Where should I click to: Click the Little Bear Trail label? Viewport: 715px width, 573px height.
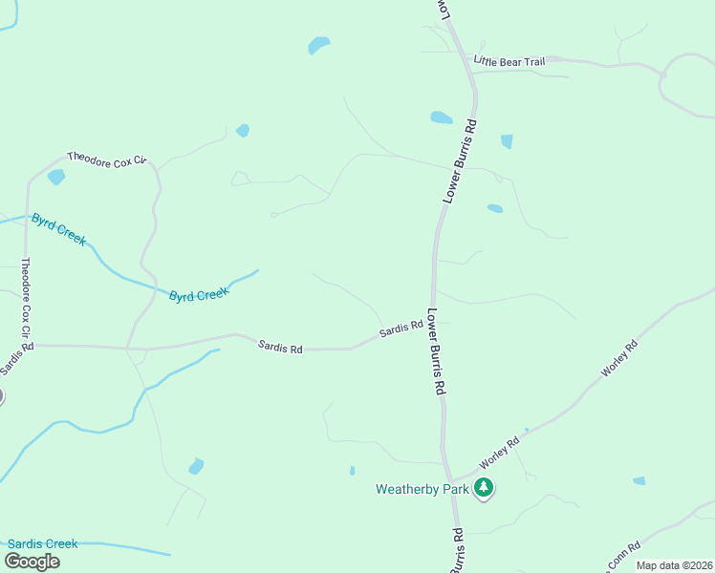pos(509,62)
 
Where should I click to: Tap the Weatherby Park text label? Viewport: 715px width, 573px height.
pos(422,489)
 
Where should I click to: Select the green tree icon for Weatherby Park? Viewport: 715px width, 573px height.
pos(485,489)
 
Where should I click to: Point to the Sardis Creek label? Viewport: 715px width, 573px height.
pos(42,543)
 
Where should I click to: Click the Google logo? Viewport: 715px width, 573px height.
pos(32,562)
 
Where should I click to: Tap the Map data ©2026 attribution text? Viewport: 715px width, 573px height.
pos(673,565)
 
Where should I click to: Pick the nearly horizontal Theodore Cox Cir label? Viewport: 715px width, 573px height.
pos(106,158)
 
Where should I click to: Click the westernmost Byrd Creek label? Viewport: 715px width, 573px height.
pos(58,228)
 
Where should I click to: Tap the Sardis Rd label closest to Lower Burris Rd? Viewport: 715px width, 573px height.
pos(401,330)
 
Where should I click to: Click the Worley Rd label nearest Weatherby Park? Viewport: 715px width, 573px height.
pos(499,453)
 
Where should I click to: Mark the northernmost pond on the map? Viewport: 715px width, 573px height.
pos(319,45)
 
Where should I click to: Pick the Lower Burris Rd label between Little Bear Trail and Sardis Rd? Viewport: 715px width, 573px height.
pos(459,159)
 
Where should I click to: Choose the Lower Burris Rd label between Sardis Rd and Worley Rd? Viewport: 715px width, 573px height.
pos(436,351)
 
